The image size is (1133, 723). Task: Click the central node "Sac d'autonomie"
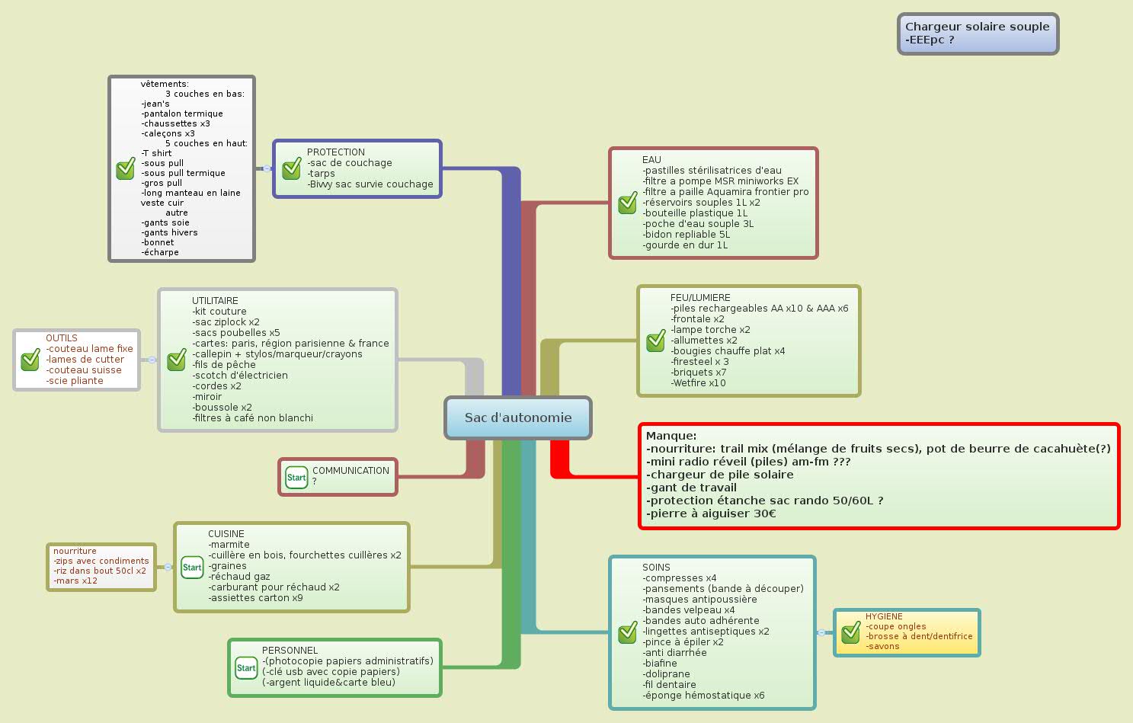point(518,417)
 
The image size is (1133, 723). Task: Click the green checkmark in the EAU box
point(627,203)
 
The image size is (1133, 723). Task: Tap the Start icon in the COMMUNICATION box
point(296,478)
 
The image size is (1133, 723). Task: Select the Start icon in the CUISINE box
point(192,567)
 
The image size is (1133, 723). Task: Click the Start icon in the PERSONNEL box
point(246,668)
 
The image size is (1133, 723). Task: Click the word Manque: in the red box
point(671,436)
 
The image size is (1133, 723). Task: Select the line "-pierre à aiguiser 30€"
point(711,513)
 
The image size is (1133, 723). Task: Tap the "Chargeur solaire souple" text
point(977,27)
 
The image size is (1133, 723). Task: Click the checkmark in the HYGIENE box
point(850,632)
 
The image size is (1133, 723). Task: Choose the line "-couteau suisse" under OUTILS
point(84,370)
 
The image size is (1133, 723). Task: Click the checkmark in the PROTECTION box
point(291,169)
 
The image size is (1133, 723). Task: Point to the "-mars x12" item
point(75,581)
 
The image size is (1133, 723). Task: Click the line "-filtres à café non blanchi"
point(252,418)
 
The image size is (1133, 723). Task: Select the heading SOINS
point(656,568)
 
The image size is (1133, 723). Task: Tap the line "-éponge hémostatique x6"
point(703,696)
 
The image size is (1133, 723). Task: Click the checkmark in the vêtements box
point(126,169)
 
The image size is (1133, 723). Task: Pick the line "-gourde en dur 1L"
point(685,245)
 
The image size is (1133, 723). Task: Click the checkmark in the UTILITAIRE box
point(177,360)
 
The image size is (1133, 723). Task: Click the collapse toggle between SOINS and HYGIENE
point(821,632)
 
